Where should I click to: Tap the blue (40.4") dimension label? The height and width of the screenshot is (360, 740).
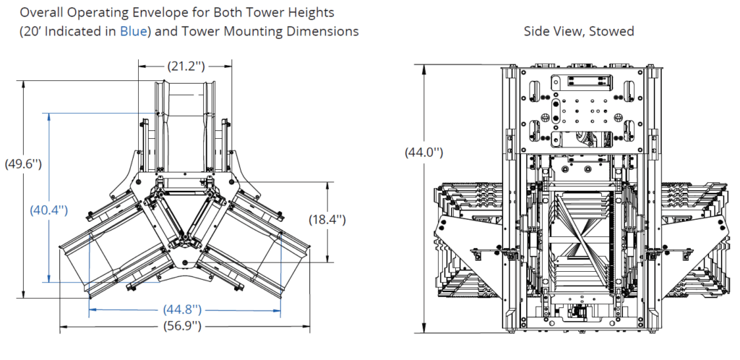[48, 210]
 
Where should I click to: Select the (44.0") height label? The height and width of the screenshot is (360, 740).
[423, 153]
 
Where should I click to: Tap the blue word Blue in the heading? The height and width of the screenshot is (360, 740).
[132, 31]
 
